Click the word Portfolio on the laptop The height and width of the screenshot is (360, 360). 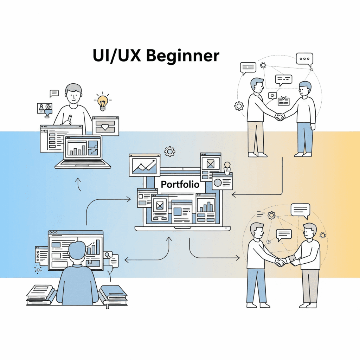180,184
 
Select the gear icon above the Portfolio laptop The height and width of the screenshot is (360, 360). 170,152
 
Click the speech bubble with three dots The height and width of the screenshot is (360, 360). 304,59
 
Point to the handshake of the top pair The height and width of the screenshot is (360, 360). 280,117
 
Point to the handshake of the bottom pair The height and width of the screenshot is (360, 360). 281,262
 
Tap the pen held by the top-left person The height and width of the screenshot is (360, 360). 69,119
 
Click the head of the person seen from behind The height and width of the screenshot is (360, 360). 77,250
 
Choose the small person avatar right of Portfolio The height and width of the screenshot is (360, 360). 227,168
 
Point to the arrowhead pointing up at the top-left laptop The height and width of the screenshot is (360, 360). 78,180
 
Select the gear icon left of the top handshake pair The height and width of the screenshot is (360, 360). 239,105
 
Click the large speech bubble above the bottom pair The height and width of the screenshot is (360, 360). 300,211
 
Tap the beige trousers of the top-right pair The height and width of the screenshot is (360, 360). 256,137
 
